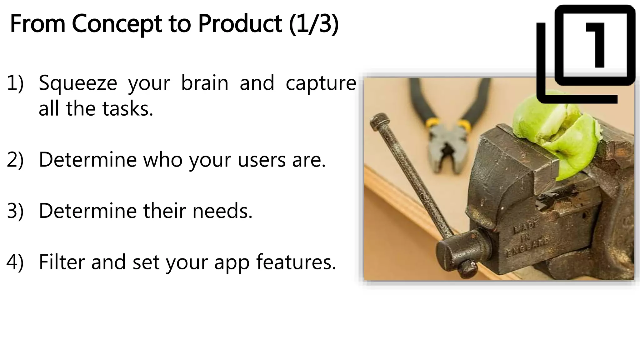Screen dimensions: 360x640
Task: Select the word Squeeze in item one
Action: tap(78, 83)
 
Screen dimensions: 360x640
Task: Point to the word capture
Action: tap(321, 83)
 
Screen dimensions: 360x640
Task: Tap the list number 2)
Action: tap(15, 160)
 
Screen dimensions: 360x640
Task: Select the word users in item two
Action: tap(262, 160)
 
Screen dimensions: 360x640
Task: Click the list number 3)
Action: tap(15, 211)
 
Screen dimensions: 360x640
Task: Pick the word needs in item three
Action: tap(222, 211)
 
